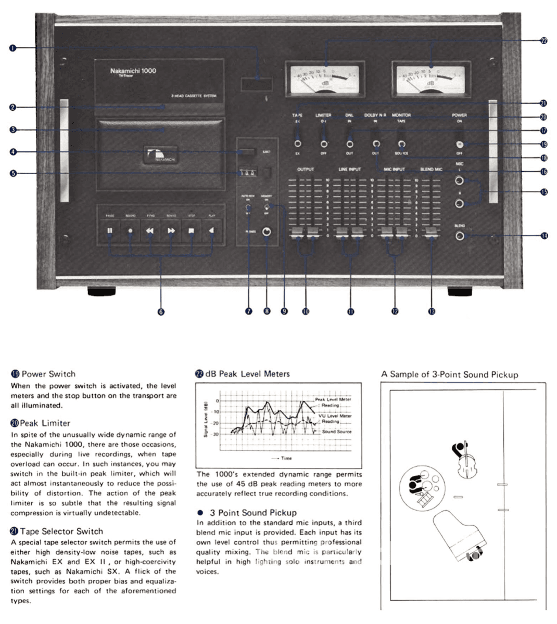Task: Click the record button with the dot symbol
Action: [130, 231]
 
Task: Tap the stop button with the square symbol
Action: [191, 231]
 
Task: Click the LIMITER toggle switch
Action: [324, 143]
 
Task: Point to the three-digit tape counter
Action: [248, 174]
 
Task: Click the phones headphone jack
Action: [267, 231]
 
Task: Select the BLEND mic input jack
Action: [459, 236]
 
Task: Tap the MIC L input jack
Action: [459, 181]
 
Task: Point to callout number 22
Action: [544, 41]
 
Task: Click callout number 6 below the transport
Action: [161, 311]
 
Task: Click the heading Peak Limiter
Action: [45, 423]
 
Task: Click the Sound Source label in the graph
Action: [336, 432]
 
